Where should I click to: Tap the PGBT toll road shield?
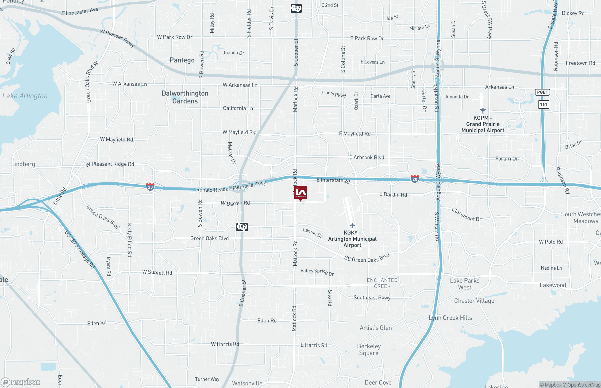[x=542, y=92]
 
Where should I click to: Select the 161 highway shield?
[x=543, y=104]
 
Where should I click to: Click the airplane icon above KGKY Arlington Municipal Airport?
[x=352, y=225]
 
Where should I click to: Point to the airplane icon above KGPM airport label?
[x=483, y=110]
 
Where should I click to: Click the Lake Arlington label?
[x=25, y=96]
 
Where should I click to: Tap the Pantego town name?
[x=182, y=60]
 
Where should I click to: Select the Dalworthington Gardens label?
[x=185, y=97]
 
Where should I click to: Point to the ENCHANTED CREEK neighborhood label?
[x=382, y=283]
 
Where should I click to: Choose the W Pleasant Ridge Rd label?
[x=110, y=164]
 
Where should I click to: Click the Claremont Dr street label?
[x=466, y=215]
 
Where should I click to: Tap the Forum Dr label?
[x=507, y=159]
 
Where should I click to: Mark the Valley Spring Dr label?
[x=317, y=272]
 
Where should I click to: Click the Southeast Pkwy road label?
[x=372, y=298]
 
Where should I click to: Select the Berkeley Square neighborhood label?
[x=369, y=349]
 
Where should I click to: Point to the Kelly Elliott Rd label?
[x=129, y=240]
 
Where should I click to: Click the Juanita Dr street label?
[x=233, y=53]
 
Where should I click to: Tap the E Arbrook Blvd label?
[x=367, y=157]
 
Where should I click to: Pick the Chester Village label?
[x=474, y=301]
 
